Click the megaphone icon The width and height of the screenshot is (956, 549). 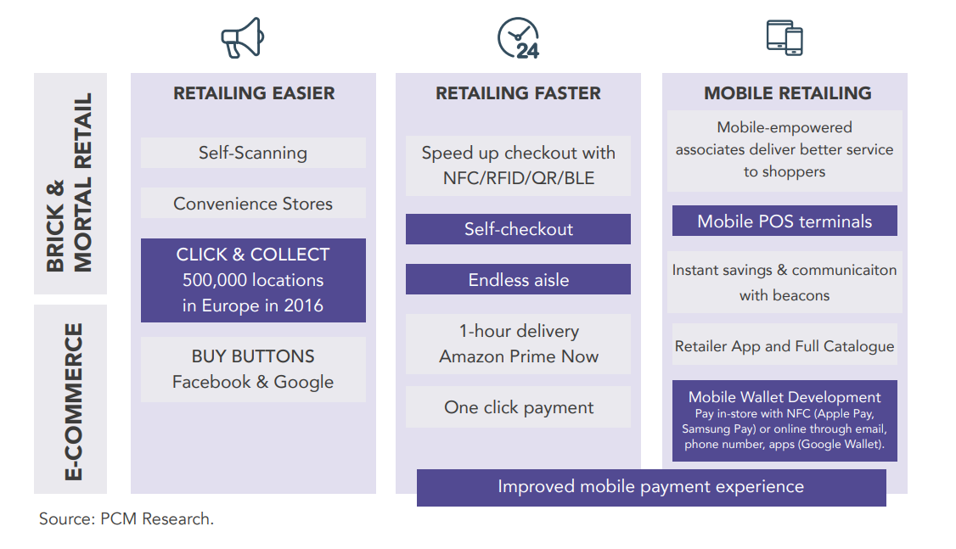243,38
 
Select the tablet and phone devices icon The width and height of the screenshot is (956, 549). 784,37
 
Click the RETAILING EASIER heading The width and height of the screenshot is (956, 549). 254,93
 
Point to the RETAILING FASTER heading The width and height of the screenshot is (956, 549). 518,93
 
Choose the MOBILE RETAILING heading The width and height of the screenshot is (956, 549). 787,93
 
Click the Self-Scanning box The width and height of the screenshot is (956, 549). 253,153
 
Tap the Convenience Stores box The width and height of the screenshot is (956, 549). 253,204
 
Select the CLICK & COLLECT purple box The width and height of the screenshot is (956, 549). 253,280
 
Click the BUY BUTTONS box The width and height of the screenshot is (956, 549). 253,369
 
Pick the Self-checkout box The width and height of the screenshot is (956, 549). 518,229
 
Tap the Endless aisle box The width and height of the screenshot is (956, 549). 518,280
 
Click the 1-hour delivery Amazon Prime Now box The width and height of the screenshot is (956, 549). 518,344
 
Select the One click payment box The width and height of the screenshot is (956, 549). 518,407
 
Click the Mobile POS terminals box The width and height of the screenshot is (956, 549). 784,221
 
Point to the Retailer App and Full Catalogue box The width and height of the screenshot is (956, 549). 784,346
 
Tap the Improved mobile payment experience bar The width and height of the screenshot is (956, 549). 650,487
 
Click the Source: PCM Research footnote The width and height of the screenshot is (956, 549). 127,519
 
